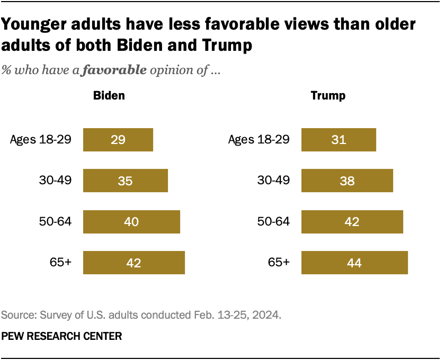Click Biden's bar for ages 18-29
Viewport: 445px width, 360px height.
(x=118, y=140)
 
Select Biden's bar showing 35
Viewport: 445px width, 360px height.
(x=126, y=181)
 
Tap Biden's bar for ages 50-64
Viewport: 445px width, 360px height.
(x=131, y=221)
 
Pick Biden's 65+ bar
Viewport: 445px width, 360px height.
(x=134, y=263)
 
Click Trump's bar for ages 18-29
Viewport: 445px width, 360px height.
(x=339, y=140)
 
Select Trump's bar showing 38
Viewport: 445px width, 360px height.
(x=347, y=181)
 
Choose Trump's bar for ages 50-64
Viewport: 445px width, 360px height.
(x=352, y=221)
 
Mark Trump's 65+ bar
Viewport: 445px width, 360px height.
(x=354, y=263)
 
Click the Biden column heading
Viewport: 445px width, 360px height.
(x=109, y=96)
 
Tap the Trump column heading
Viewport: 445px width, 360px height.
(x=328, y=96)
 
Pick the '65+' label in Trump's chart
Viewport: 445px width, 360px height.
(x=279, y=263)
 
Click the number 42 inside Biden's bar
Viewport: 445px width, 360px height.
(x=134, y=263)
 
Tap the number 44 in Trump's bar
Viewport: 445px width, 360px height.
(x=354, y=263)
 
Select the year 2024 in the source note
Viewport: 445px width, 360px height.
(x=267, y=316)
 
